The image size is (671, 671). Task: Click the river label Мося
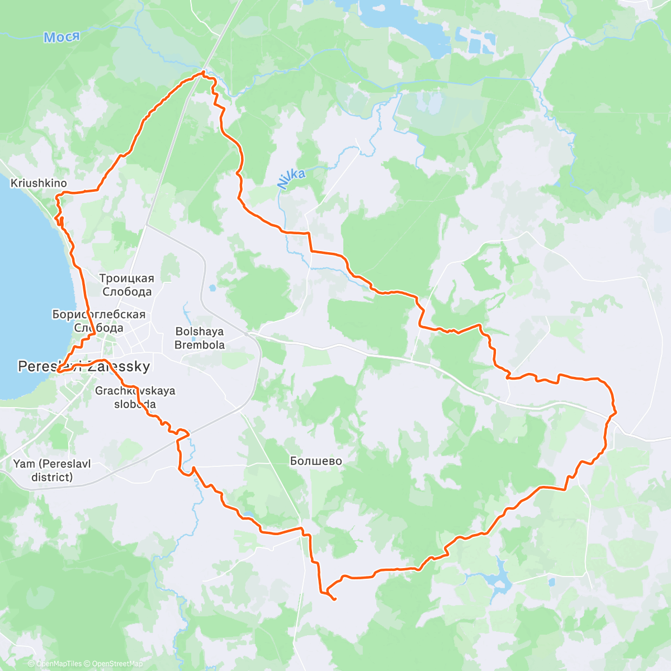coord(62,37)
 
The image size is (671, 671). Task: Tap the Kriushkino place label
coord(39,183)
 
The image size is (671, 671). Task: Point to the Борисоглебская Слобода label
coord(98,321)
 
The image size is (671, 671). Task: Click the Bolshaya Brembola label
coord(200,338)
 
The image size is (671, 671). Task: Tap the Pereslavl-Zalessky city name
coord(84,367)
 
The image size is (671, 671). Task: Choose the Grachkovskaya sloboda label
coord(135,398)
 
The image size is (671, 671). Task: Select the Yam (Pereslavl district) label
coord(52,470)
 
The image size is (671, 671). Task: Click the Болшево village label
coord(316,461)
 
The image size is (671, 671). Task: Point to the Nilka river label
coord(291,179)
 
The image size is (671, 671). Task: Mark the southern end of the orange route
coord(334,600)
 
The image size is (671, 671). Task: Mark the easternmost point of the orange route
coord(616,413)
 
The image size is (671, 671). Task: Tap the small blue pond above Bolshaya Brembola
coord(212,289)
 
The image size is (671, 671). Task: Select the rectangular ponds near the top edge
coord(475,39)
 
